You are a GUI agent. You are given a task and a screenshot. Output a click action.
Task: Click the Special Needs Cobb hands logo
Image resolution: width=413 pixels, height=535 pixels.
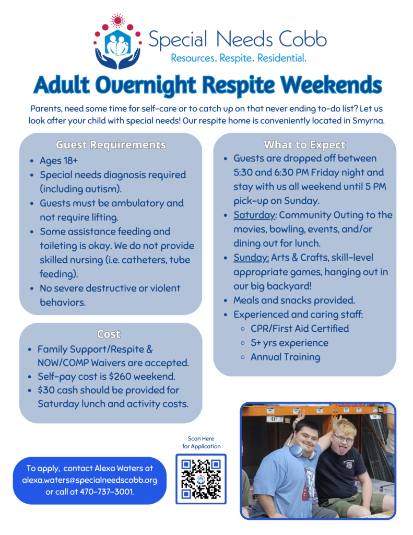tap(117, 42)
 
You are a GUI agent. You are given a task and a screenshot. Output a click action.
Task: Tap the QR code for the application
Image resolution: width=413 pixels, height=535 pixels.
tap(201, 479)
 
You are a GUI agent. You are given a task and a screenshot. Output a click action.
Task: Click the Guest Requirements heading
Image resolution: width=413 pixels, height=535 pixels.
tap(111, 145)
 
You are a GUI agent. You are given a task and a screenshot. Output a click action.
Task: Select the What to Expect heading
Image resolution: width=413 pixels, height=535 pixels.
tap(304, 145)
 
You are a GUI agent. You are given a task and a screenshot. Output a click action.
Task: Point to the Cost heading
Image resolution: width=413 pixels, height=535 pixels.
tap(109, 334)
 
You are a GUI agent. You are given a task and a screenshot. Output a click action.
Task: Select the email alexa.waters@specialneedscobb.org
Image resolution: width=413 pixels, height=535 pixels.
tap(89, 480)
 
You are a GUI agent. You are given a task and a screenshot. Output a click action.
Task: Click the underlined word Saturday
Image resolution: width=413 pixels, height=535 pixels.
tap(254, 215)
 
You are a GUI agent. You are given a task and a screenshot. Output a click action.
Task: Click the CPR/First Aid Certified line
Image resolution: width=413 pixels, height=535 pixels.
tap(300, 329)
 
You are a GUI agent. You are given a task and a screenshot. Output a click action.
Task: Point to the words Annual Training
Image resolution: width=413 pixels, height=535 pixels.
tap(285, 357)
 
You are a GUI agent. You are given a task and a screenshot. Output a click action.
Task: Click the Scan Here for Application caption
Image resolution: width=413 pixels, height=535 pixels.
tap(201, 443)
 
